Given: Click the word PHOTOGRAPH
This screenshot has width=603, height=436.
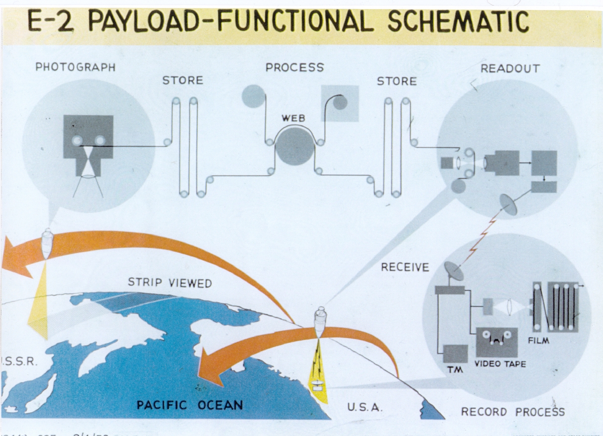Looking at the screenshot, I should point(75,67).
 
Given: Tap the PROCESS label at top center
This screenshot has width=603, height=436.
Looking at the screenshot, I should point(294,67).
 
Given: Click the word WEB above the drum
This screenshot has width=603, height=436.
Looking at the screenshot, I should point(293,118).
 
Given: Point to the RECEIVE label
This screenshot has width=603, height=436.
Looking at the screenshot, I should point(405,267).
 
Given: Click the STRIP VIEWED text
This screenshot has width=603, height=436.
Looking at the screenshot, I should point(169,283).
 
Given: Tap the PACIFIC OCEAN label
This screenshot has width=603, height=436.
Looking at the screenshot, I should point(190,404).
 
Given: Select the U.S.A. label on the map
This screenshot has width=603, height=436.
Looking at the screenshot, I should point(365,406).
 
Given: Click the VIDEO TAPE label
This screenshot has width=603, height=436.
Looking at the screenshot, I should point(500,364).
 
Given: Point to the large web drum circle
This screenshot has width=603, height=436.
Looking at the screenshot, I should point(294,146).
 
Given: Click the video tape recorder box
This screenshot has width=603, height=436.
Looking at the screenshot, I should point(497,342).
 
